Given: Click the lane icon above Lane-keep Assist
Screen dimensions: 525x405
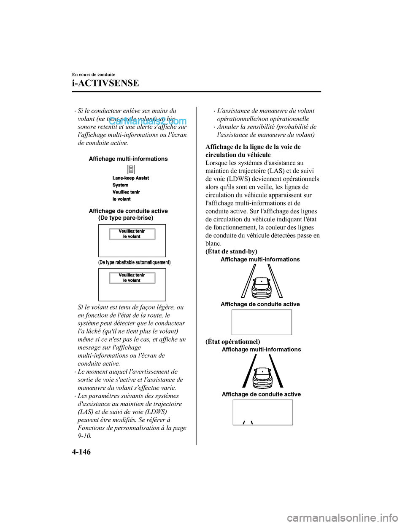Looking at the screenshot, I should tap(131, 170).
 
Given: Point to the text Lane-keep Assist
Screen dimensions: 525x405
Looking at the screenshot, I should tap(131, 178).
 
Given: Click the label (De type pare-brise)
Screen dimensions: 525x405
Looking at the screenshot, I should tap(126, 218).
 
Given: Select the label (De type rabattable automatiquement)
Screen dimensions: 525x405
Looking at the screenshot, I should tap(134, 262).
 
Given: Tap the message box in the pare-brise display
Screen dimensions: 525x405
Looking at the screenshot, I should tap(132, 234).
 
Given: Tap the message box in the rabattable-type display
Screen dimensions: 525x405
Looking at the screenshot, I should tap(132, 277).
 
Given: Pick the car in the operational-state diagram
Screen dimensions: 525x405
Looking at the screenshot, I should tap(262, 376).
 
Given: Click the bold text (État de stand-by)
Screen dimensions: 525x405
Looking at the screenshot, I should tap(231, 251).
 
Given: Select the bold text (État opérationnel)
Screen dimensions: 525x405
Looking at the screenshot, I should tap(232, 342).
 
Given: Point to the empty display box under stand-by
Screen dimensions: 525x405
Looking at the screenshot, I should tap(262, 322).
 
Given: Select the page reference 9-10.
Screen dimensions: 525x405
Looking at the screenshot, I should tap(84, 436).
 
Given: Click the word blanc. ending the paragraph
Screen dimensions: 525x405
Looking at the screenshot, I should tap(213, 243).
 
